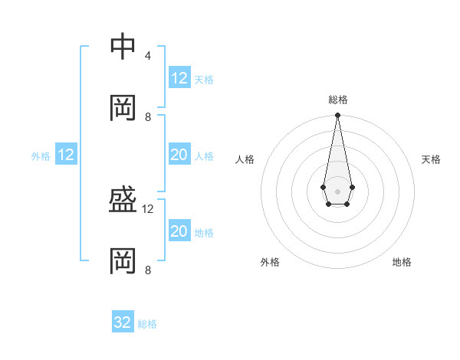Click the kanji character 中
[x=123, y=47]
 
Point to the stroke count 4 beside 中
[x=147, y=56]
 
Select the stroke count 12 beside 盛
[x=148, y=208]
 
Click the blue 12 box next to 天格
[x=179, y=78]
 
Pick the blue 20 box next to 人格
[x=179, y=155]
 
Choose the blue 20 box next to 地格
[x=179, y=231]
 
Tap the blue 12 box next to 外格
[x=66, y=155]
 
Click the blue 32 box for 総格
[x=123, y=322]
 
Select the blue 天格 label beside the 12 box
[x=204, y=80]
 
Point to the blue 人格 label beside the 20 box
[x=204, y=156]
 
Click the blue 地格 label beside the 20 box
[x=204, y=233]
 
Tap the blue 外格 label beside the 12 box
[x=41, y=156]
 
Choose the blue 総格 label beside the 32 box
[x=147, y=324]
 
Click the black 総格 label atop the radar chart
[x=338, y=100]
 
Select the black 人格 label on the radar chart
[x=245, y=159]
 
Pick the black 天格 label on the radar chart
[x=432, y=159]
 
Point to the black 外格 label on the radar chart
[x=270, y=262]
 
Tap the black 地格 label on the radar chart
[x=402, y=262]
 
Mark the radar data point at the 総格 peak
[x=337, y=116]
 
